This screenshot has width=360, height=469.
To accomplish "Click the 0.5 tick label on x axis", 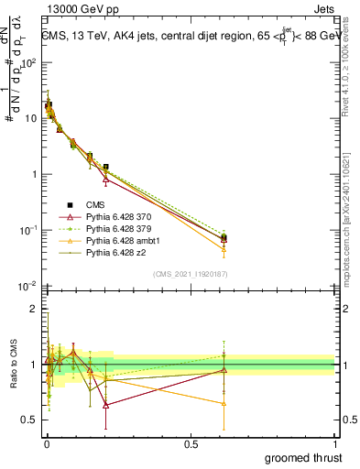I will point(191,443).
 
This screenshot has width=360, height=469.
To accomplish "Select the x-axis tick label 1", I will point(336,443).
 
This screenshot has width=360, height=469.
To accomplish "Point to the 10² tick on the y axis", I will point(29,63).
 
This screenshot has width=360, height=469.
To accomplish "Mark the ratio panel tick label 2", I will point(34,310).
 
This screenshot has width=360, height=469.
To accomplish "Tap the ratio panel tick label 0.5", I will point(29,420).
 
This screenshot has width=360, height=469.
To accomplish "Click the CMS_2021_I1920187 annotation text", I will point(191,273).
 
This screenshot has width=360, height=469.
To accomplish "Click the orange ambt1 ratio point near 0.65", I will point(224,403).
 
